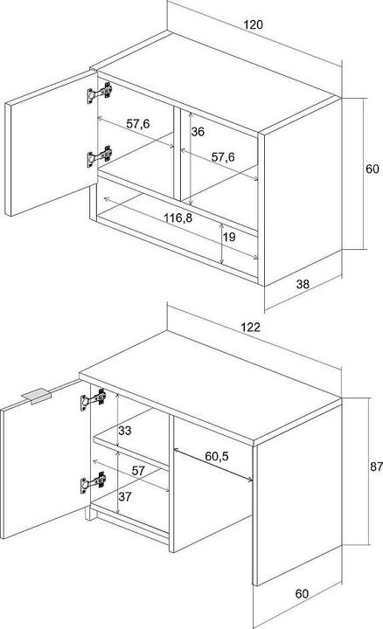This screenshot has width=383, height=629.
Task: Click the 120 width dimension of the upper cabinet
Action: click(x=254, y=24)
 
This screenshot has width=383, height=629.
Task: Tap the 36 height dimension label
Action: click(x=198, y=132)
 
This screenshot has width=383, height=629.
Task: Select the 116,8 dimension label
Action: click(x=178, y=218)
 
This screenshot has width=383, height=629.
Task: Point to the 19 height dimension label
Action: click(x=229, y=237)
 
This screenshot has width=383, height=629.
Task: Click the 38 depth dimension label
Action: click(x=303, y=284)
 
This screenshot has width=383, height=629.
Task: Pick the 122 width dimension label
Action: click(x=250, y=327)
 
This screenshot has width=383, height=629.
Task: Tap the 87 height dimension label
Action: click(x=376, y=467)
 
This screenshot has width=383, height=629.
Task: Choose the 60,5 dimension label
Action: click(x=217, y=456)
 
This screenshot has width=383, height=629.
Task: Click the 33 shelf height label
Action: click(x=125, y=431)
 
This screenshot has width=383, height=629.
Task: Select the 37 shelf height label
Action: click(x=125, y=496)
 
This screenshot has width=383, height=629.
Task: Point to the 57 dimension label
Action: click(x=138, y=471)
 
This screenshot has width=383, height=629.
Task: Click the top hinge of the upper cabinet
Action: click(x=100, y=93)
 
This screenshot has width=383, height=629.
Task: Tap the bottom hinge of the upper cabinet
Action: click(x=100, y=156)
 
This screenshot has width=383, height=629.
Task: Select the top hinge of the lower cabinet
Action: click(x=94, y=399)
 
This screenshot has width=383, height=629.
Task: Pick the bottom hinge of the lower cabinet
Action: click(x=94, y=482)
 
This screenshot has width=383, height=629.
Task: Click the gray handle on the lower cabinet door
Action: click(x=36, y=396)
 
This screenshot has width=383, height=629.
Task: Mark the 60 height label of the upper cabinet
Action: click(x=373, y=169)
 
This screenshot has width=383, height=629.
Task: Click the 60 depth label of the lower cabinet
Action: click(x=302, y=593)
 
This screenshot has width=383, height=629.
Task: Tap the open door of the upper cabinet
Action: click(x=52, y=143)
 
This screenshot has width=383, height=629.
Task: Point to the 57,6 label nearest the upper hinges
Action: click(x=137, y=123)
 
